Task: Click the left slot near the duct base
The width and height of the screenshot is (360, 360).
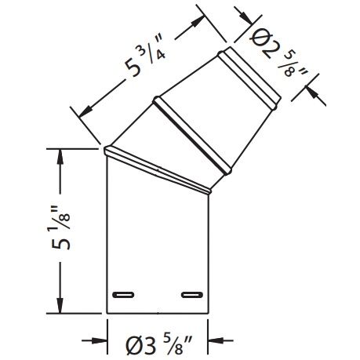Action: (x=124, y=295)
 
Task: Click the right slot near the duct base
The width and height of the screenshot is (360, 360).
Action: (x=191, y=295)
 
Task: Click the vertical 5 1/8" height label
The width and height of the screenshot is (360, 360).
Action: (x=58, y=227)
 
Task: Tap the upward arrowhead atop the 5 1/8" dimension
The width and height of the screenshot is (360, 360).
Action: (x=59, y=155)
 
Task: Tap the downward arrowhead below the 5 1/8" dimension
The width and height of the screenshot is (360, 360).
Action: (x=59, y=306)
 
